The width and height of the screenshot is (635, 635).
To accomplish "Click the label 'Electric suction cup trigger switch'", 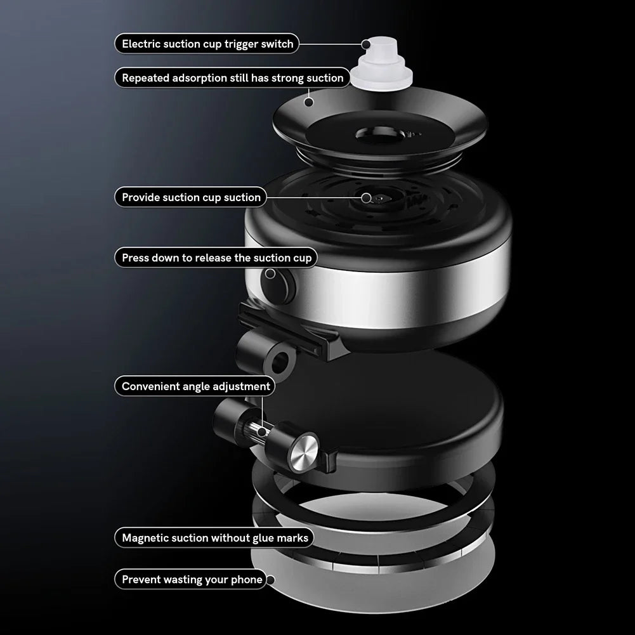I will point(207,44).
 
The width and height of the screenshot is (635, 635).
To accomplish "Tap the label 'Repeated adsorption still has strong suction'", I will point(232,78).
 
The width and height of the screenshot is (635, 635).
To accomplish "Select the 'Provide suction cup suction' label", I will point(191,197).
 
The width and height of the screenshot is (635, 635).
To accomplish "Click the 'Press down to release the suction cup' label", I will point(216,258).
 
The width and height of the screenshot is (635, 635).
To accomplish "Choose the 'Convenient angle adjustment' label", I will point(195,386).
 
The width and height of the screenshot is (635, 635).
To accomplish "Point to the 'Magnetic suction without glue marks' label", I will point(214,538).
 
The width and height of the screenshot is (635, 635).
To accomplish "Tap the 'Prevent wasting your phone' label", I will point(192,579).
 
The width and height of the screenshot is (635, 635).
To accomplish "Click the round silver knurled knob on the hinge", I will point(303,451).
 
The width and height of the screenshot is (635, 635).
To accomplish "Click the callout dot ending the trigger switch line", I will point(367,44).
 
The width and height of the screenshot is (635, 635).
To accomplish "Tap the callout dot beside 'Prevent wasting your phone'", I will point(270,579).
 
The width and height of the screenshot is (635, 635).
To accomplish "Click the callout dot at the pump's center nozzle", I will point(366,197).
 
